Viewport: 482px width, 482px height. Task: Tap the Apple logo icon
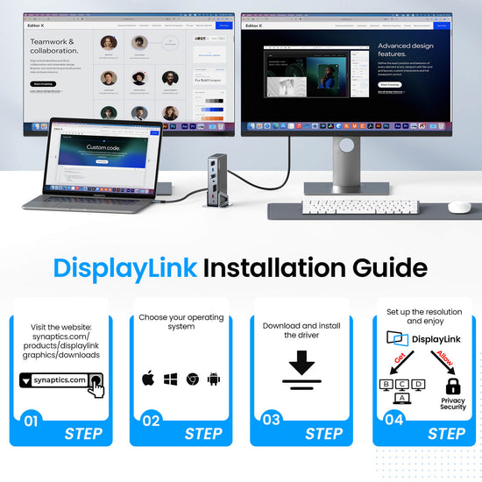tap(148, 380)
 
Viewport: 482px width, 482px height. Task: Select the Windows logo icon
tap(170, 380)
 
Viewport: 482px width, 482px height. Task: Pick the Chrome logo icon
tap(192, 380)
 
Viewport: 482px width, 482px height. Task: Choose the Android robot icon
tap(214, 380)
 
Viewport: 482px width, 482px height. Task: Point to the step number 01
tap(31, 422)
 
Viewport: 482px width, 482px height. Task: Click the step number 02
tap(151, 422)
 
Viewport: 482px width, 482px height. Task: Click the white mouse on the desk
tap(458, 208)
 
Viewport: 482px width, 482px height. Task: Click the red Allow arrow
tap(443, 359)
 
